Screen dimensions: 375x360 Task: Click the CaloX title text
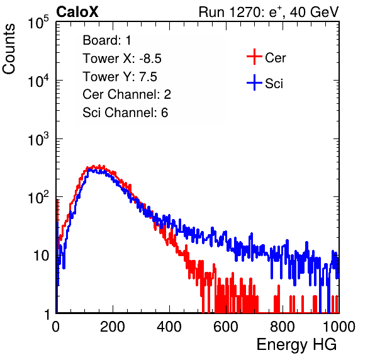coord(77,12)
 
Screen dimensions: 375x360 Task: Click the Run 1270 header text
coord(269,12)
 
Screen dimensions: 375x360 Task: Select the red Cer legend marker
coord(254,57)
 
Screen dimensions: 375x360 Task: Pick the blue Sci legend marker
coord(254,82)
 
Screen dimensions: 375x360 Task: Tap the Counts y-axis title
coord(9,49)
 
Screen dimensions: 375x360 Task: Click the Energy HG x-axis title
coord(296,345)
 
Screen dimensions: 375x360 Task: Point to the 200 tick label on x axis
coord(113,327)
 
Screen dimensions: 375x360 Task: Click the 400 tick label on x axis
coord(169,327)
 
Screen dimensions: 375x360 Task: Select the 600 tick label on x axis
coord(226,327)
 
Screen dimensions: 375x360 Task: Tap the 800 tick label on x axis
coord(283,327)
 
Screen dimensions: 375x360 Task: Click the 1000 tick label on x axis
coord(339,327)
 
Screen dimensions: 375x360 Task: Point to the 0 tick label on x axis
coord(55,327)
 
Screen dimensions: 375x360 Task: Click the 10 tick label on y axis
coord(41,256)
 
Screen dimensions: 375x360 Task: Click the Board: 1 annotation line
coord(107,40)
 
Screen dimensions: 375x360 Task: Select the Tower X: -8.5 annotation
coord(122,59)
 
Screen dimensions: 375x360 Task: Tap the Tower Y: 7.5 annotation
coord(120,77)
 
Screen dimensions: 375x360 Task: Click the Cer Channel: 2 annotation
coord(126,94)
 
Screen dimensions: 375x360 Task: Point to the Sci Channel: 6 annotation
coord(125,113)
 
